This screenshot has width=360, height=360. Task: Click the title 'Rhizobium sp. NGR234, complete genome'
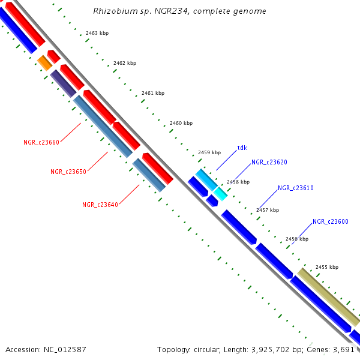point(180,11)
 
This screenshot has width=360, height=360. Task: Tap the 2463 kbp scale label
point(97,34)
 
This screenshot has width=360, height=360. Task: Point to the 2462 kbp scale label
point(125,63)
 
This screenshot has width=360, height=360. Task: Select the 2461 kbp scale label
point(153,93)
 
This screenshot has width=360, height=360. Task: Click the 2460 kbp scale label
point(181,123)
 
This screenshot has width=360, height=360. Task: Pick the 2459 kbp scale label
point(209,152)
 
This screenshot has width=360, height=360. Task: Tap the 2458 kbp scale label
point(238,182)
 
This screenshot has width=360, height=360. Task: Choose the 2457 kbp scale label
point(268,210)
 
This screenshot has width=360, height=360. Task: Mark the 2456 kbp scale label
point(297,239)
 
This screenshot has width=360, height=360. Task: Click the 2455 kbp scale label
point(326,267)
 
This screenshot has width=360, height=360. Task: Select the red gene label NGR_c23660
point(41,142)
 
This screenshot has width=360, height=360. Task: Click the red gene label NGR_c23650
point(68,172)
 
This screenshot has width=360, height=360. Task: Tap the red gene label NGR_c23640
point(100,205)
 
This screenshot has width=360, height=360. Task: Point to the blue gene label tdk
point(242,147)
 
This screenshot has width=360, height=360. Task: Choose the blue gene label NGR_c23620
point(269,162)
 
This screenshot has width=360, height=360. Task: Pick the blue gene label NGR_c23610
point(296,188)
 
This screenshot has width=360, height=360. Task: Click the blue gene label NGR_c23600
point(331,221)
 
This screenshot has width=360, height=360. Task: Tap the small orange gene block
point(44,62)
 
